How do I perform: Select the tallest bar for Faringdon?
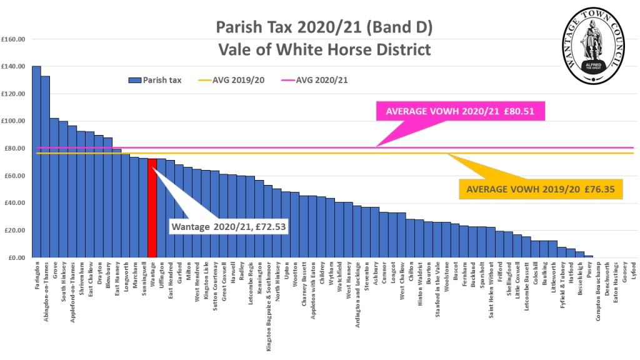tap(36, 162)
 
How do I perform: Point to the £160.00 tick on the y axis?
tap(14, 39)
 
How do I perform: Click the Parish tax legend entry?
tap(155, 80)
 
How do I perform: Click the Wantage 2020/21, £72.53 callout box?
tap(228, 224)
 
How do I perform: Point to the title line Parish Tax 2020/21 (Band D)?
tap(324, 27)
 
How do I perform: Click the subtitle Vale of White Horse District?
tap(324, 48)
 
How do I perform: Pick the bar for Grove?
tap(54, 187)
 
